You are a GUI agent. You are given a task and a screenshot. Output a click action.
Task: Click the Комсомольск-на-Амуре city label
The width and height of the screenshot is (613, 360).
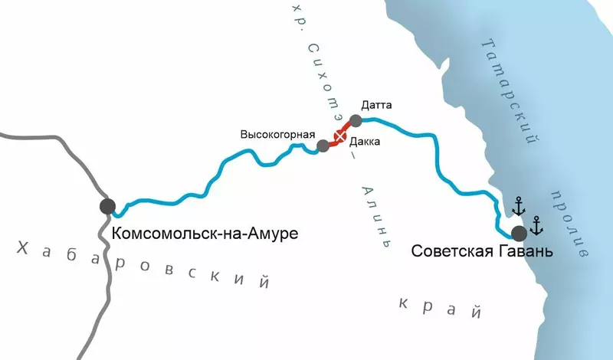tap(205, 231)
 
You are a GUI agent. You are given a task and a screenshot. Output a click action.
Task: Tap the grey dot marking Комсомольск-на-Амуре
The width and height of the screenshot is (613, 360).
tap(107, 206)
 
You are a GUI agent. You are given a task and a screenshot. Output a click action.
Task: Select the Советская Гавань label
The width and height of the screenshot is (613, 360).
tap(481, 250)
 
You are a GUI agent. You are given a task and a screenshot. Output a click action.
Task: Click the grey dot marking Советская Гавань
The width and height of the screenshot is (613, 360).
tap(520, 233)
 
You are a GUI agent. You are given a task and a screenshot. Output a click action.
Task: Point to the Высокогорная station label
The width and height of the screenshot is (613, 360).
tap(278, 134)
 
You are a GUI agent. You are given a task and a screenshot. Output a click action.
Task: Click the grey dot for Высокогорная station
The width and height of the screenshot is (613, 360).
tap(323, 146)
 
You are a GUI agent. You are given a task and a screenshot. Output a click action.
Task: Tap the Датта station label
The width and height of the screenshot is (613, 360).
tap(376, 105)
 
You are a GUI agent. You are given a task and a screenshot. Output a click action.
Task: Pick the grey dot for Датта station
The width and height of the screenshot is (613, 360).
tap(356, 120)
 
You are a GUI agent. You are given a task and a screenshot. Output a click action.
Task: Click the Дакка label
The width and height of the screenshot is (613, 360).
tap(364, 142)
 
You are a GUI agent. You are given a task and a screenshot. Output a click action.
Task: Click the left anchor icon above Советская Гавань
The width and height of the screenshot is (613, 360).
tap(519, 205)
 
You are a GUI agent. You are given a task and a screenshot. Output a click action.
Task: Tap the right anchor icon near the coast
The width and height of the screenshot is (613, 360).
tap(536, 224)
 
